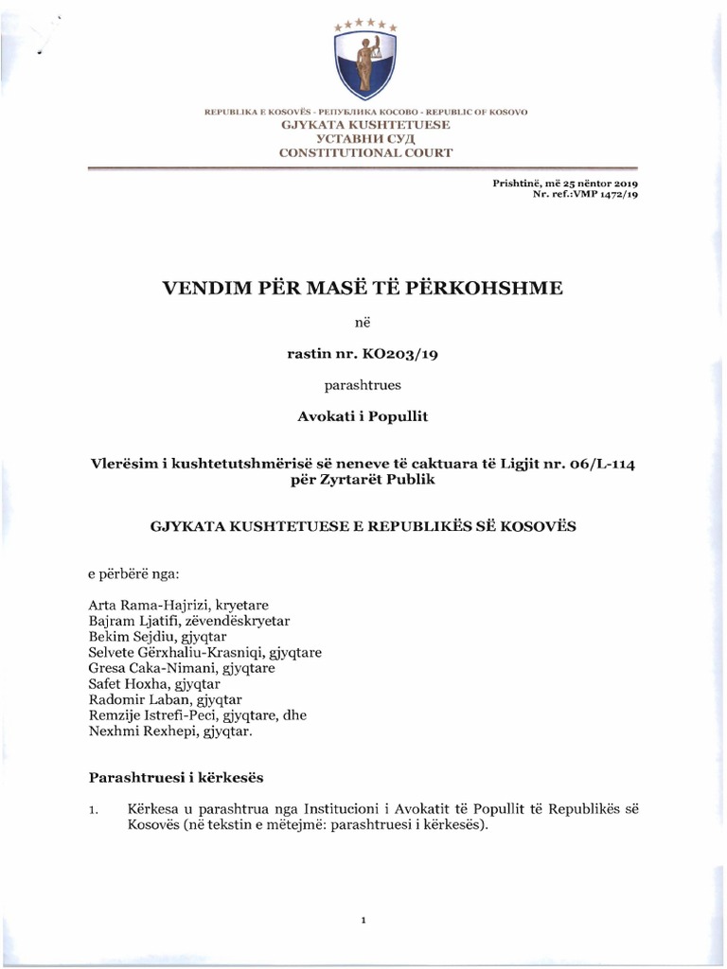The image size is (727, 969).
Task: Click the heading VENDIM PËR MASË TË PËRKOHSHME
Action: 363,286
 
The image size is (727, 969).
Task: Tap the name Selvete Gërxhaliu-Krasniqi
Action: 176,651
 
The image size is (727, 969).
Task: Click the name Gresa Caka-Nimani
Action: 146,667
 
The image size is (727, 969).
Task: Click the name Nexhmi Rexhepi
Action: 134,730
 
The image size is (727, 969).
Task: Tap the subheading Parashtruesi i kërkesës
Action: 174,778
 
